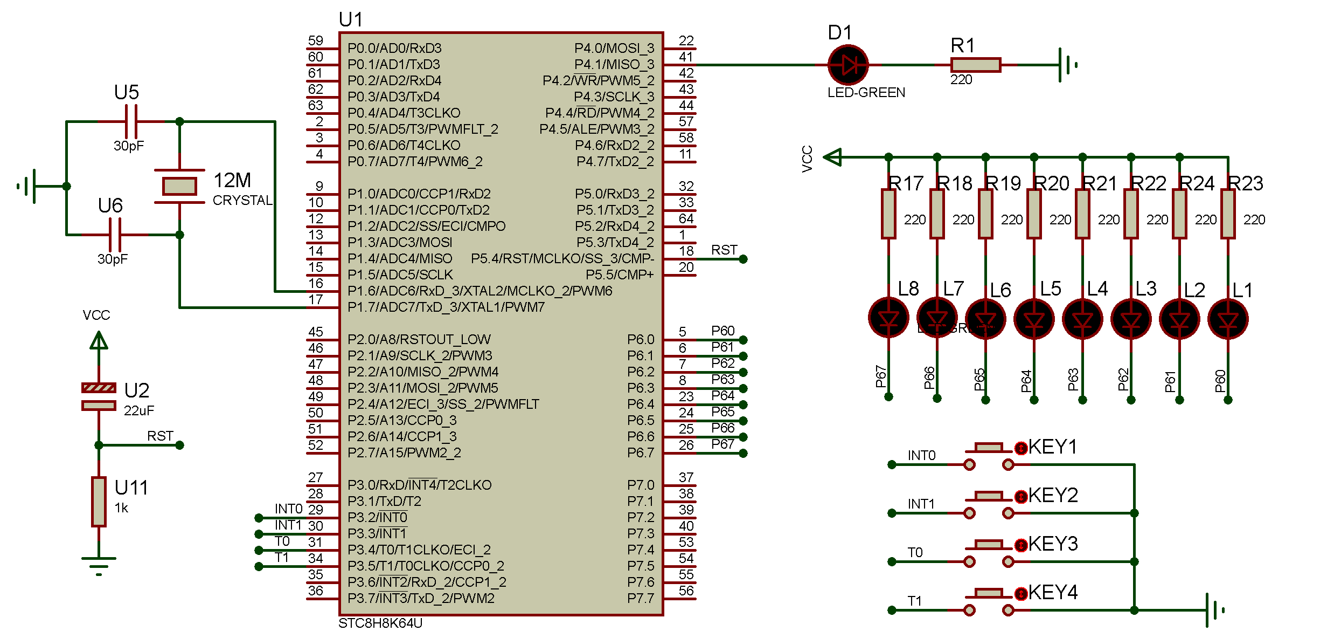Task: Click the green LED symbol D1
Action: [848, 65]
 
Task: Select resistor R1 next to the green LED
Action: [976, 65]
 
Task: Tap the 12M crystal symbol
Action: [179, 186]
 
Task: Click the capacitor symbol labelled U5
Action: [131, 122]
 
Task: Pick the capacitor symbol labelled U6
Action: [115, 235]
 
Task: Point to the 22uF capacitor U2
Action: [99, 396]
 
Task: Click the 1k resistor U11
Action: [99, 502]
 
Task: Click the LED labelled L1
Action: [1228, 319]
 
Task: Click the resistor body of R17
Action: [888, 214]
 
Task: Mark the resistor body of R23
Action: [1228, 214]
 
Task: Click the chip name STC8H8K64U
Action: [380, 623]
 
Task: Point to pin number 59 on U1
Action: [316, 41]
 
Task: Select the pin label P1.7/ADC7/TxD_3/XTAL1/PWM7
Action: [446, 307]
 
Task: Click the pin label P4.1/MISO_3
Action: [614, 64]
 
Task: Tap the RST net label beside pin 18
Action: [724, 250]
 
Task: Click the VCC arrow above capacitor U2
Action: [99, 341]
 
